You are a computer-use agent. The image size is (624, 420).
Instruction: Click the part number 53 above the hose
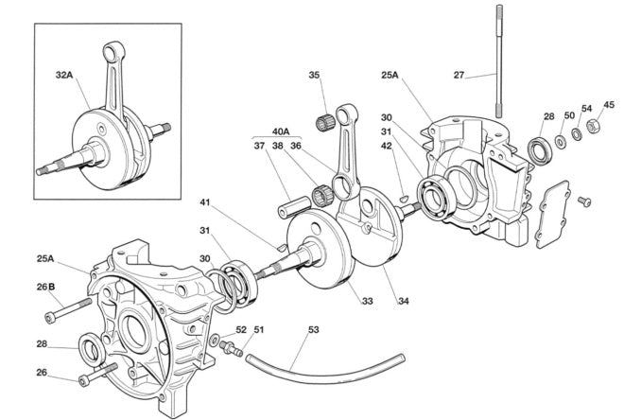click(314, 330)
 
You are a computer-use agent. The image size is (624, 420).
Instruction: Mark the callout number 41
click(206, 201)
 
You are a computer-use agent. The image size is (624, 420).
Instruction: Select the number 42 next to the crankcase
click(387, 146)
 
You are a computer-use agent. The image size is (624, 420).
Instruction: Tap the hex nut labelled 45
click(595, 125)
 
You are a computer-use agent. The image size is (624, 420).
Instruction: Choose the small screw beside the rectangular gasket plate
click(582, 201)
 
